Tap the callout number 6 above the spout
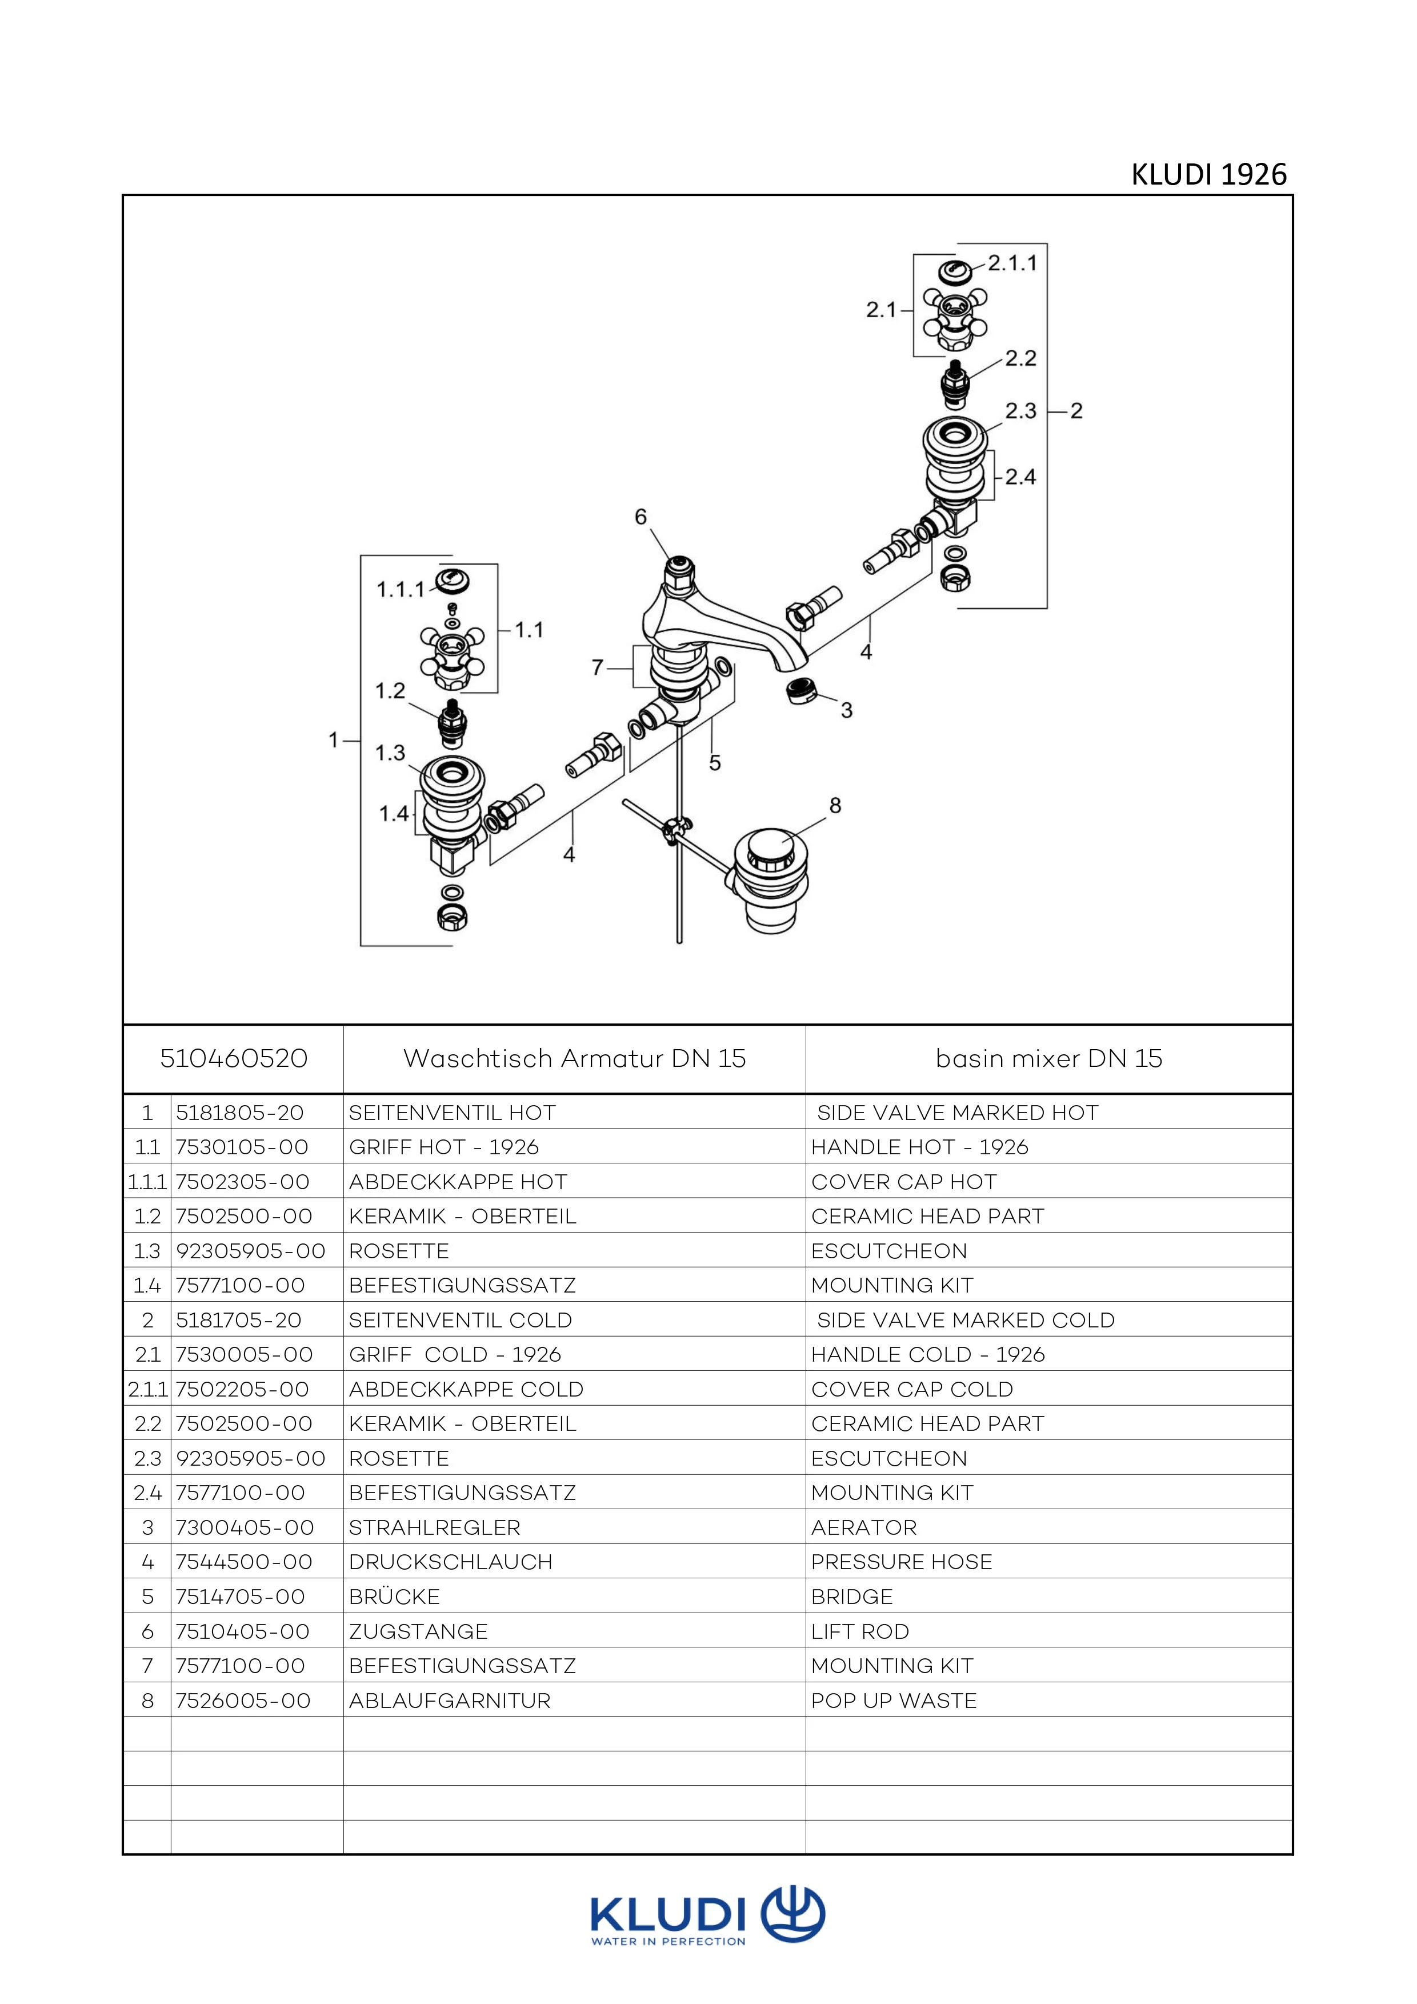[641, 518]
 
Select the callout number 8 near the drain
[835, 806]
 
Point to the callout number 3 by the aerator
[846, 710]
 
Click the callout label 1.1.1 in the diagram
[401, 590]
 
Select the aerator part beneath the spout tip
[802, 690]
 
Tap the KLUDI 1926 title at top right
[1208, 174]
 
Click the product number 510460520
[234, 1059]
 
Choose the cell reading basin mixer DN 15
[1049, 1059]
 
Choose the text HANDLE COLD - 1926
[927, 1355]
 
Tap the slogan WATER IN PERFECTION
[669, 1942]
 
